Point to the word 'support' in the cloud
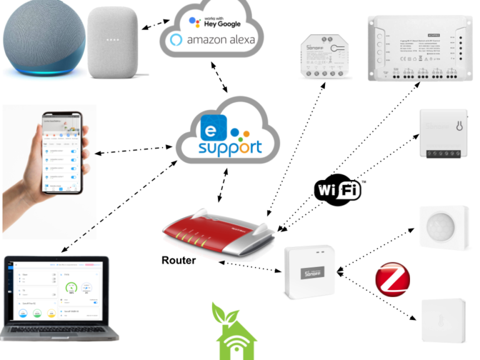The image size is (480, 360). pyautogui.click(x=230, y=147)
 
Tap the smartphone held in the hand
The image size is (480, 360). pyautogui.click(x=62, y=152)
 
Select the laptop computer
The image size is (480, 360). pyautogui.click(x=59, y=297)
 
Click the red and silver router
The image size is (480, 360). pyautogui.click(x=219, y=231)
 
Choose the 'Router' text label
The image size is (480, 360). pyautogui.click(x=178, y=260)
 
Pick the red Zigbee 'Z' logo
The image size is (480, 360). pyautogui.click(x=391, y=279)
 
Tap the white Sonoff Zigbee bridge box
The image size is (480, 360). pyautogui.click(x=310, y=272)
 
